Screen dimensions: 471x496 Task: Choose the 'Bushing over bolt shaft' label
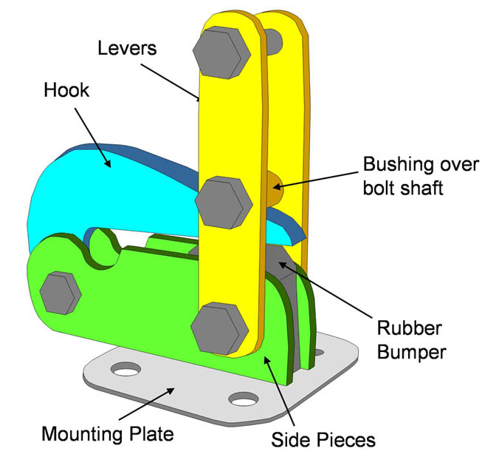pyautogui.click(x=421, y=175)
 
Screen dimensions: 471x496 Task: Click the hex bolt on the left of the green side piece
pyautogui.click(x=61, y=291)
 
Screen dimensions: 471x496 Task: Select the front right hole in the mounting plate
pyautogui.click(x=240, y=401)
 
